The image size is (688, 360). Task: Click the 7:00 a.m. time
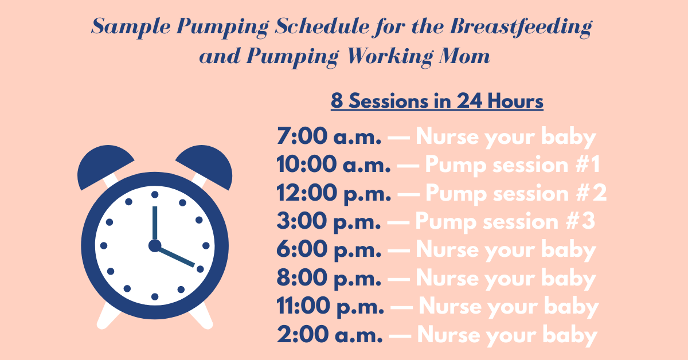[x=329, y=138]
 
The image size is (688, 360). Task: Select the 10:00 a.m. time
[x=333, y=166]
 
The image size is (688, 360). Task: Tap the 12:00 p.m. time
[x=333, y=194]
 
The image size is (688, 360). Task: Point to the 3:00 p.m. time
[x=329, y=222]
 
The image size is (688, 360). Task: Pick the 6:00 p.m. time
[x=329, y=250]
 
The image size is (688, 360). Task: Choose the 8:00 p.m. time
[x=329, y=279]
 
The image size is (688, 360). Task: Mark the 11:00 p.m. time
[x=330, y=307]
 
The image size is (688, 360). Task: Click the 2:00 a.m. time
[x=329, y=335]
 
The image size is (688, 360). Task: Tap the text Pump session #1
[x=512, y=166]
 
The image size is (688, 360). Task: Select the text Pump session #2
[x=515, y=194]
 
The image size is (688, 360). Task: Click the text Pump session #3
[x=505, y=222]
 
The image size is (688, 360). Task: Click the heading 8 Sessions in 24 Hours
[x=437, y=102]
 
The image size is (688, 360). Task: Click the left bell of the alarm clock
[x=99, y=167]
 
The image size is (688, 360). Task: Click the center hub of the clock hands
[x=154, y=246]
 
